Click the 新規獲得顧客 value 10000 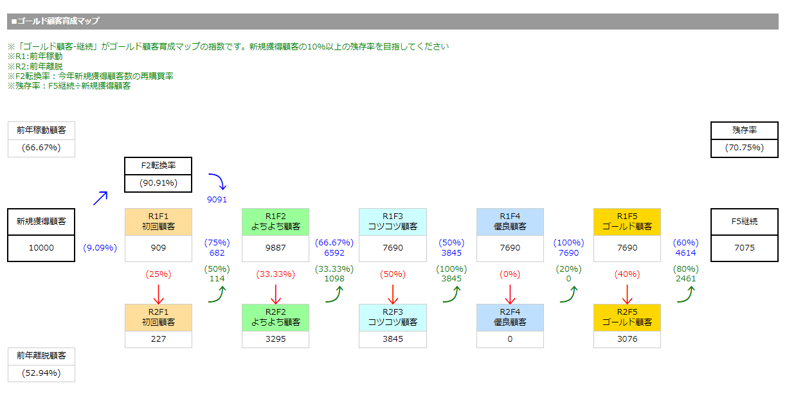click(41, 248)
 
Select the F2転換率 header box click(158, 166)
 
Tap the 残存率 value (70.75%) click(744, 148)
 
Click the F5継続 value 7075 click(744, 248)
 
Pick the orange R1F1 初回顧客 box click(158, 222)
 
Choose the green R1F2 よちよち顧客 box click(275, 222)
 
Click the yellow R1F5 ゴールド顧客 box click(627, 222)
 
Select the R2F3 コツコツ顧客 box click(392, 317)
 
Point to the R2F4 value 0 click(510, 339)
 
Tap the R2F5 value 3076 click(627, 339)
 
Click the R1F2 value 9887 click(275, 248)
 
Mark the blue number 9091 click(217, 200)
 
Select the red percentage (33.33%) click(275, 274)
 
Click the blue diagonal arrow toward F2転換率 click(100, 197)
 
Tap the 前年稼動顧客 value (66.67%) click(41, 148)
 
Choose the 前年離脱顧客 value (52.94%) click(41, 373)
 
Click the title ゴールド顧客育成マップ click(56, 21)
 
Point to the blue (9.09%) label click(100, 248)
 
